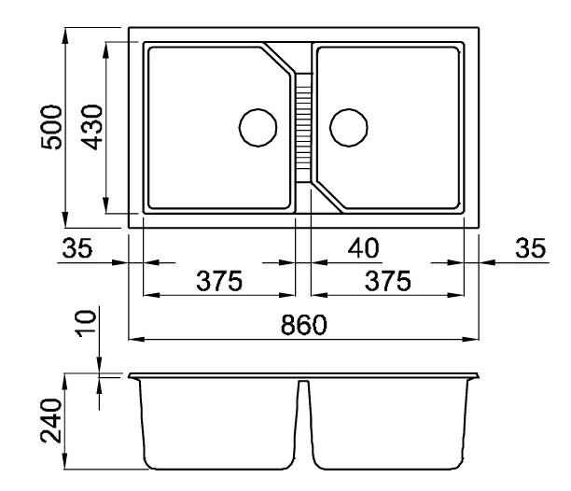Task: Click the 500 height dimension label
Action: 51,127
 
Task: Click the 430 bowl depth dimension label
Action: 91,127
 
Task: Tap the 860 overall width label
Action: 304,325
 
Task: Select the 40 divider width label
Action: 364,248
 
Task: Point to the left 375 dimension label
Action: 219,281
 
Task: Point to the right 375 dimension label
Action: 388,281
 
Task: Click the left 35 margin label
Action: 77,248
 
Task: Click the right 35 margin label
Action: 531,248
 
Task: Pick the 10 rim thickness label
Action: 86,324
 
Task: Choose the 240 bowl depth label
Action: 51,421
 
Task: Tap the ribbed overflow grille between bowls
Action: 303,128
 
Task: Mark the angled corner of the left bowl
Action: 279,59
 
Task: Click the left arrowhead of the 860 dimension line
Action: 135,340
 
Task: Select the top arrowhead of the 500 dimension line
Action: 65,35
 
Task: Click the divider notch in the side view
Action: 304,383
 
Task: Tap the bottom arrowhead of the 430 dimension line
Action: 105,205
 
